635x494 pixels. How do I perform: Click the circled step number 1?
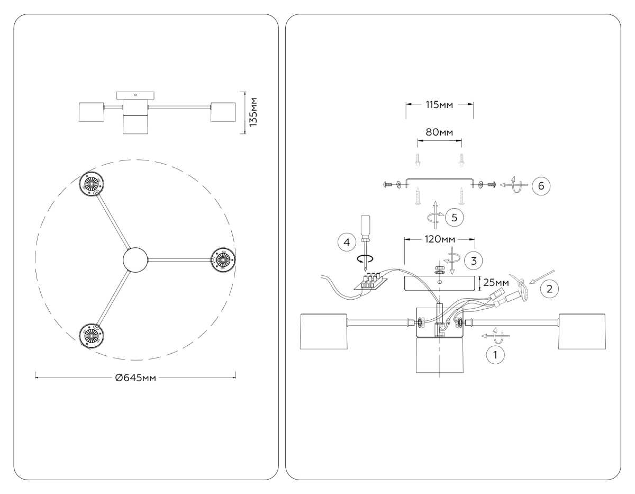[x=495, y=355]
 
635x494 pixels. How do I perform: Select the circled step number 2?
[x=549, y=289]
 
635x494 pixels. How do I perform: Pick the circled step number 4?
[x=346, y=242]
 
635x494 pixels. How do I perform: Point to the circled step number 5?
[x=454, y=217]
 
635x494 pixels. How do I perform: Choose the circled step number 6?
[x=541, y=186]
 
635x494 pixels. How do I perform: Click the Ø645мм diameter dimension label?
[x=136, y=378]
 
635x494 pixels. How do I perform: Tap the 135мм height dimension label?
[x=253, y=112]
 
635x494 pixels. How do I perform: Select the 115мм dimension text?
[x=440, y=104]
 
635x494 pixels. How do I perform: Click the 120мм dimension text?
[x=440, y=239]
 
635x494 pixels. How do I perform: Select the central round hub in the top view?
[x=137, y=259]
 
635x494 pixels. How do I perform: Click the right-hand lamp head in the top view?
[x=222, y=259]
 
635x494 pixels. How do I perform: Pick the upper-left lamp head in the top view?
[x=93, y=184]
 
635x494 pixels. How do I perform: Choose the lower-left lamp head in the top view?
[x=93, y=335]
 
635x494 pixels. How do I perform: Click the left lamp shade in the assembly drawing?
[x=323, y=331]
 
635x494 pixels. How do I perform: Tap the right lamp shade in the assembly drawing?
[x=582, y=331]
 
